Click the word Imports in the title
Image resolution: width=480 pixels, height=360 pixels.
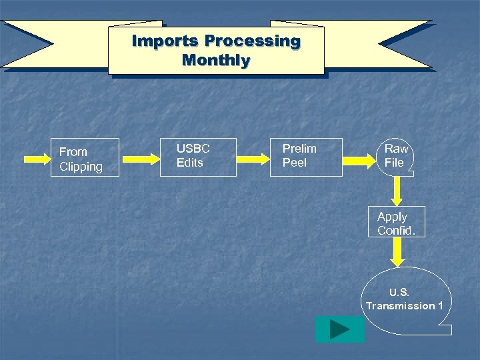coord(165,41)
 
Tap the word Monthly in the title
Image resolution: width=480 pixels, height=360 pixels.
coord(216,61)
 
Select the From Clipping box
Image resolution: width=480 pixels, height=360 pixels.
coord(85,157)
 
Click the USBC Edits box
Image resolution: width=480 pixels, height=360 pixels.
coord(198,157)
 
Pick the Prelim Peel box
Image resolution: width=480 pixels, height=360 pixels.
coord(305,157)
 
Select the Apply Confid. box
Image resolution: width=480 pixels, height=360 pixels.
coord(397,223)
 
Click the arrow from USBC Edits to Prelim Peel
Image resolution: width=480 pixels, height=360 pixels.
coord(253,159)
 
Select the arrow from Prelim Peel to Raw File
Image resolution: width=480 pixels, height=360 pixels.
coord(359,159)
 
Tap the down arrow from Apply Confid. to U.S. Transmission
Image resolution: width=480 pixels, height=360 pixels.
coord(397,253)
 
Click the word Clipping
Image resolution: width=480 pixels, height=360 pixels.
coord(81,167)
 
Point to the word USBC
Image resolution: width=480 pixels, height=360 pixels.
coord(193,149)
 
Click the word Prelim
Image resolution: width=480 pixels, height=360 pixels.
coord(299,149)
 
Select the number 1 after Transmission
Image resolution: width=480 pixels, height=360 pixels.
coord(440,305)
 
